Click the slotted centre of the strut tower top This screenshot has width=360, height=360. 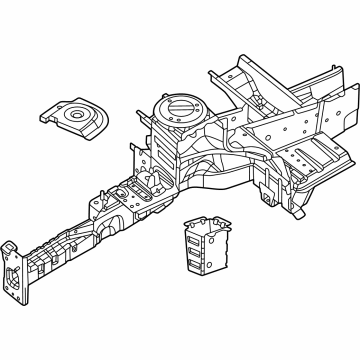(x=180, y=107)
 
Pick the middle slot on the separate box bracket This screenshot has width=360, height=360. (x=197, y=248)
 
